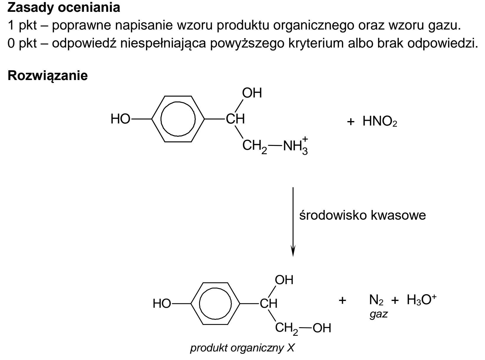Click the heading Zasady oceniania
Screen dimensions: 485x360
[x=64, y=8]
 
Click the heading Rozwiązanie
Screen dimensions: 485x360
[x=48, y=76]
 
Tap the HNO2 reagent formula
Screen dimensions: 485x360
[x=380, y=121]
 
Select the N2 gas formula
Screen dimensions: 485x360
[x=376, y=300]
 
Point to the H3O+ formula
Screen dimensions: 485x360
[x=421, y=299]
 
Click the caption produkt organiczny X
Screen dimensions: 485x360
[x=243, y=348]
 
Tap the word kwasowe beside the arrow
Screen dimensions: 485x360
[x=398, y=215]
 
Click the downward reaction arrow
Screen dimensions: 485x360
[x=293, y=222]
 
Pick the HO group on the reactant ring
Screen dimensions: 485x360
[x=120, y=119]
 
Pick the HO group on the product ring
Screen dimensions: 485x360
[x=162, y=304]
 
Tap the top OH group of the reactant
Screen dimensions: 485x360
[x=252, y=93]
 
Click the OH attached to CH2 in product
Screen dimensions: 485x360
[x=322, y=328]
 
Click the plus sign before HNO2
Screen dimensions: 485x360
[x=351, y=122]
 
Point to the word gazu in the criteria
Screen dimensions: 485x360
[x=444, y=26]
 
